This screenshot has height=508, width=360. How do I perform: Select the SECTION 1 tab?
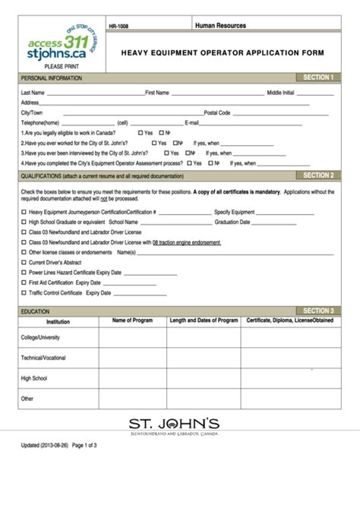pyautogui.click(x=317, y=77)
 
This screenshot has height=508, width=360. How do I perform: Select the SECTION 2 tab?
pyautogui.click(x=317, y=175)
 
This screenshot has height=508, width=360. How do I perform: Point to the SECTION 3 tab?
pyautogui.click(x=317, y=311)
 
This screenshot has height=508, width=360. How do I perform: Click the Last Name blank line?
pyautogui.click(x=95, y=94)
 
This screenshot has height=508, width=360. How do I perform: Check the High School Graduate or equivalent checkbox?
pyautogui.click(x=24, y=222)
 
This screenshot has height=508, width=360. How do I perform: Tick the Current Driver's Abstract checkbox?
pyautogui.click(x=24, y=262)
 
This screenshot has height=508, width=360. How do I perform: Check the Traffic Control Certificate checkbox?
pyautogui.click(x=24, y=292)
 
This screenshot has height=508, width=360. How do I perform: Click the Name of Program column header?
pyautogui.click(x=133, y=320)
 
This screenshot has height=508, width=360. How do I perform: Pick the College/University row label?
pyautogui.click(x=41, y=337)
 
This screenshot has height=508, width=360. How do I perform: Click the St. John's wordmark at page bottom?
pyautogui.click(x=175, y=422)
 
